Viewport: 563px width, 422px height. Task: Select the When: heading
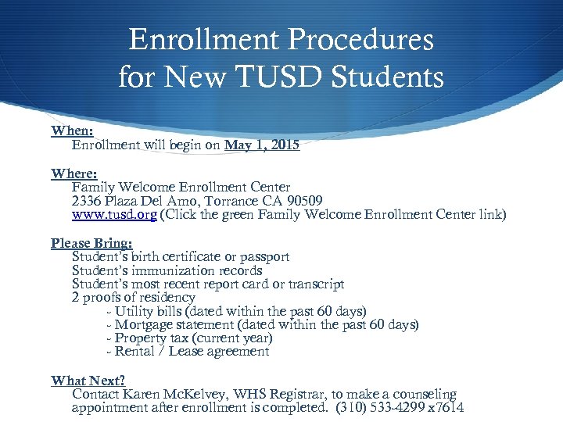coord(72,131)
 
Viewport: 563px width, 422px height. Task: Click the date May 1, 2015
coord(262,145)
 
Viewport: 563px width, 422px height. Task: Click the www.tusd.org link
coord(114,214)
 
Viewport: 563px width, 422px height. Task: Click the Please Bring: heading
coord(91,243)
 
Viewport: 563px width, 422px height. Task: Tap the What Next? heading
coord(88,381)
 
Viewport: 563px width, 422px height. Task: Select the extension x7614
coord(446,407)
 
